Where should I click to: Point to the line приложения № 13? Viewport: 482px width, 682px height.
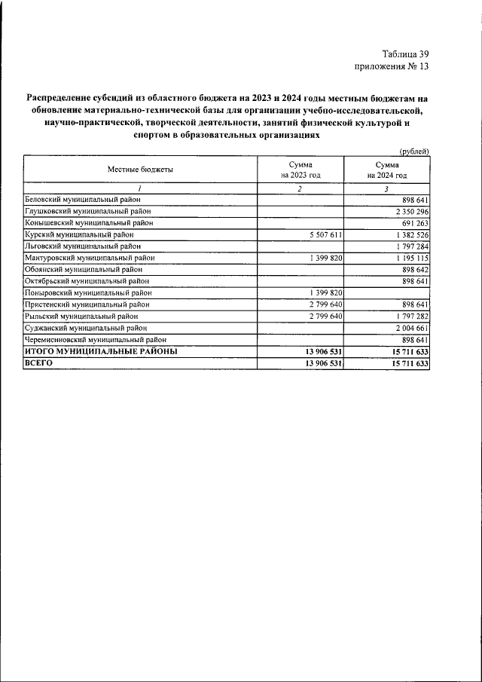(391, 66)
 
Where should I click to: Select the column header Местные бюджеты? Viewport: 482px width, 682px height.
(140, 170)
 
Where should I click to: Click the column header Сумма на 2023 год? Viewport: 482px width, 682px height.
(300, 170)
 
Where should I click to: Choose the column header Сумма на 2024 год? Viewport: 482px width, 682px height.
(386, 170)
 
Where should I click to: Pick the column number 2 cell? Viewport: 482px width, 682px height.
(300, 188)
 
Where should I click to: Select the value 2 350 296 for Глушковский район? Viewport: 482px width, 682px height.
(406, 211)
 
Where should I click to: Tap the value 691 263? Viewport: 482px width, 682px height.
(411, 223)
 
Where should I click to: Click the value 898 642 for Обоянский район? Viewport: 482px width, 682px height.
(411, 269)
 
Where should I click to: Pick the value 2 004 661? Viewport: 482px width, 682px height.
(406, 327)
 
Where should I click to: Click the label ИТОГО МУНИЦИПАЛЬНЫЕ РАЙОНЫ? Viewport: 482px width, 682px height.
(101, 351)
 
